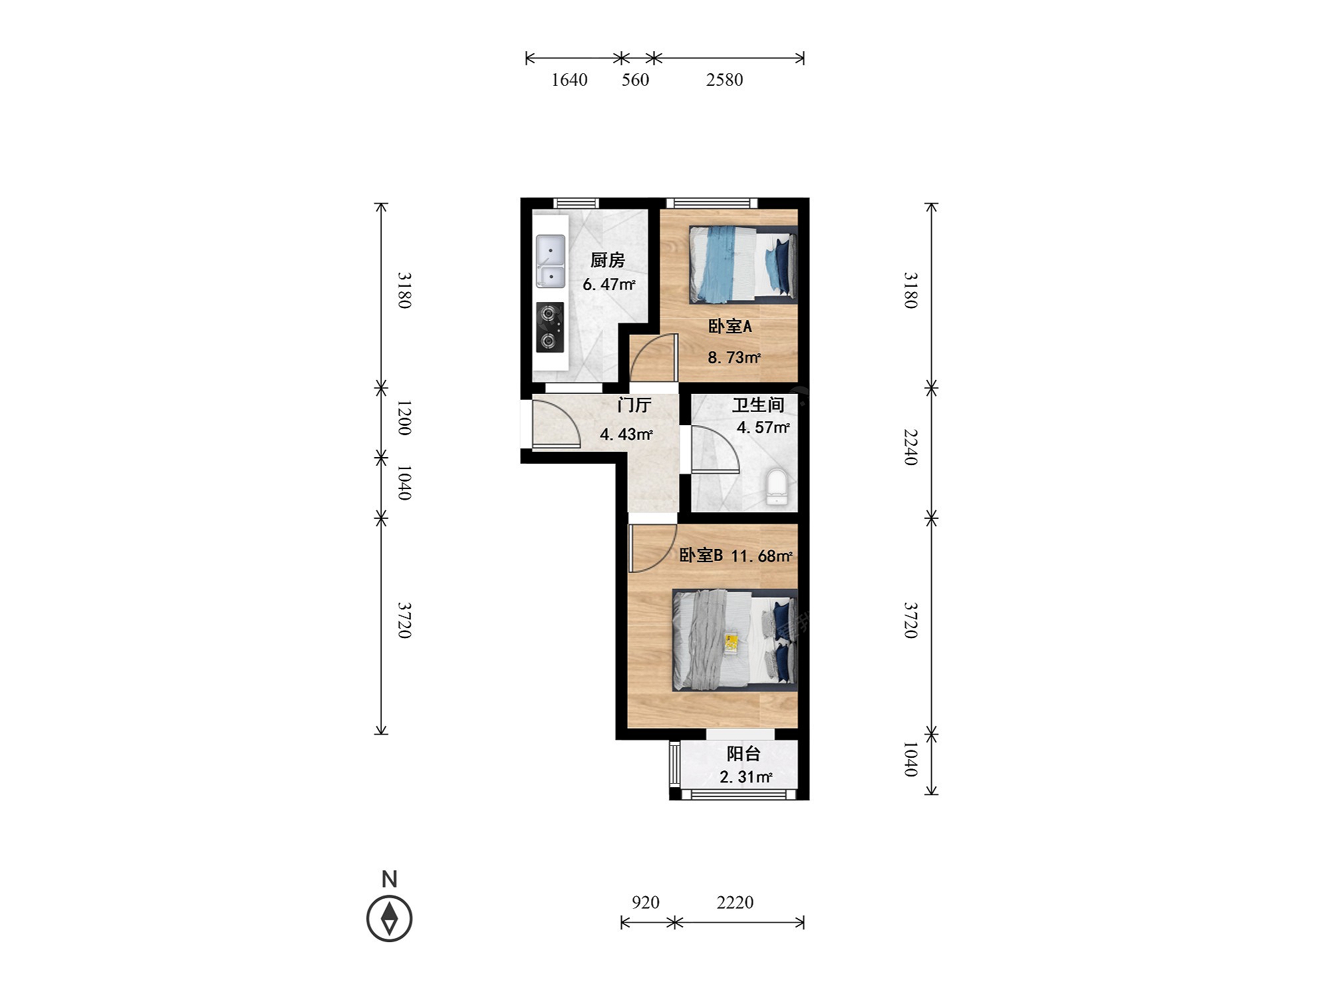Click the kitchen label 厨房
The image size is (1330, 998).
608,260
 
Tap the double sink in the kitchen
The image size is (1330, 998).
551,261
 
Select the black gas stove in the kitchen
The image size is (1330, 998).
550,327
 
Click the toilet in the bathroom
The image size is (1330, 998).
777,487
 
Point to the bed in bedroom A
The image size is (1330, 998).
743,264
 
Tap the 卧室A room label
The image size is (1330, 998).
730,326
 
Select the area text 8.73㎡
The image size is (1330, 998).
734,357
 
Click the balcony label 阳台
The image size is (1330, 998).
743,754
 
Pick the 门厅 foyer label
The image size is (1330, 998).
634,405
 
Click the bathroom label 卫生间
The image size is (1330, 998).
758,405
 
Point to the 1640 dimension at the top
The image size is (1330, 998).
569,80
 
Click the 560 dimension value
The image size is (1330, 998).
635,80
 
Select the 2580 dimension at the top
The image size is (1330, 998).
724,80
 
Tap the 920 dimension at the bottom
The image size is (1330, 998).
646,902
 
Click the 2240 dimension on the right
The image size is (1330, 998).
910,447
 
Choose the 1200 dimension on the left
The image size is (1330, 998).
404,418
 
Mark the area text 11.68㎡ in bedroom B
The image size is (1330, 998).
762,556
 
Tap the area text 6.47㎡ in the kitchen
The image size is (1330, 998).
609,284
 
